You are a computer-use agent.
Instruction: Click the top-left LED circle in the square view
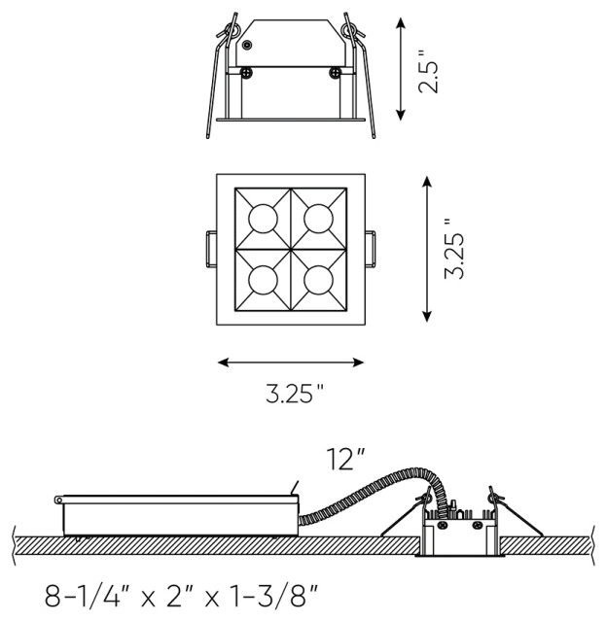[x=264, y=217]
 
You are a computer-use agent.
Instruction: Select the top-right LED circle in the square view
[x=317, y=217]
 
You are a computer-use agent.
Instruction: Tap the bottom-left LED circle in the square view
[x=264, y=279]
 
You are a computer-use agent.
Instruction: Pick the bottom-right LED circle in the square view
[x=317, y=279]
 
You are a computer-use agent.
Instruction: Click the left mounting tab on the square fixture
[x=210, y=248]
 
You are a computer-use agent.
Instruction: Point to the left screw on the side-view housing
[x=247, y=72]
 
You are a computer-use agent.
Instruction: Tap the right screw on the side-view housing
[x=335, y=72]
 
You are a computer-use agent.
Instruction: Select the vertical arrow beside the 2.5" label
[x=401, y=69]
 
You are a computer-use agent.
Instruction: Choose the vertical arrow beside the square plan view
[x=426, y=248]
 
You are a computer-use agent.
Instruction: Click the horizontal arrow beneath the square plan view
[x=291, y=363]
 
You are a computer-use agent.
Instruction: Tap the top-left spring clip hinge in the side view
[x=230, y=28]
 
